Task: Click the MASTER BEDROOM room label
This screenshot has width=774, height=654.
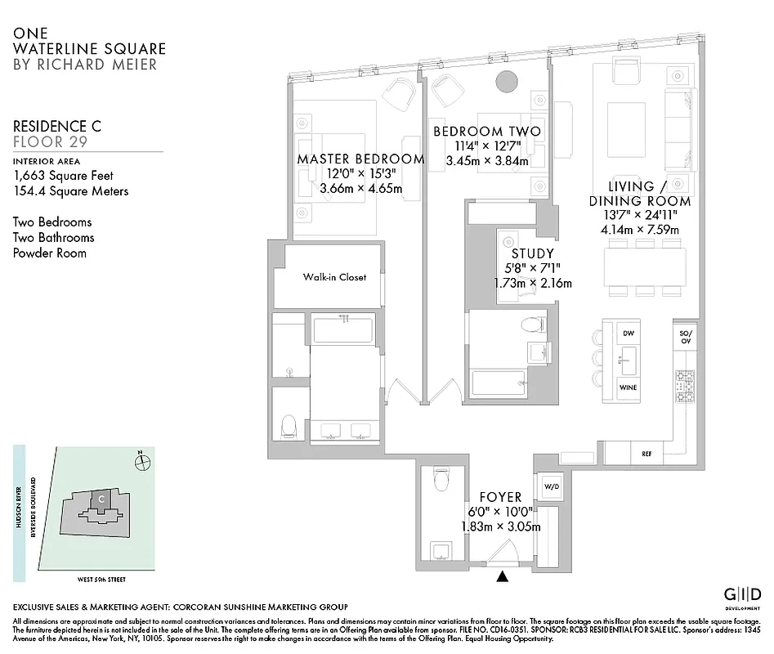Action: coord(360,159)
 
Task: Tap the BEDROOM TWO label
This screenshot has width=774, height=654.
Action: coord(486,132)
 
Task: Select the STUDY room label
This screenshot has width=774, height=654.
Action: coord(532,254)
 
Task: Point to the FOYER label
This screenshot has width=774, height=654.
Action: coord(500,497)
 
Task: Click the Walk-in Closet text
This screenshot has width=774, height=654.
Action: coord(334,277)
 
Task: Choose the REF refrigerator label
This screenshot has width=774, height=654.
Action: coord(646,454)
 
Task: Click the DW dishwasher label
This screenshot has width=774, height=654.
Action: coord(628,334)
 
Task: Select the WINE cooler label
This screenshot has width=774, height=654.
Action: coord(628,387)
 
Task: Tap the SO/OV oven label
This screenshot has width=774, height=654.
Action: coord(685,338)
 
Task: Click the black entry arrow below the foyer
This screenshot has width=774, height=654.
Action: coord(502,577)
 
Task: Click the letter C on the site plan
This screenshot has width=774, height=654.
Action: coord(101,498)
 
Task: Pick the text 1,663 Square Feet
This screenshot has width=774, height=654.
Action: coord(63,176)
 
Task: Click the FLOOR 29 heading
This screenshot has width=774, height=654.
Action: coord(51,141)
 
